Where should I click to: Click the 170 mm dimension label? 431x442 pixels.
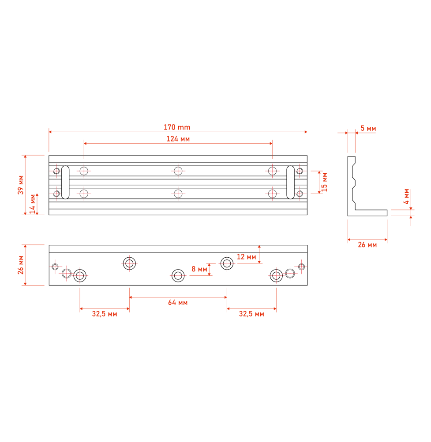pos(177,127)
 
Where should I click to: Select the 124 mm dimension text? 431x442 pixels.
pos(178,139)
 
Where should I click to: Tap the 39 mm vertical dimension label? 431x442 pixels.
pos(21,185)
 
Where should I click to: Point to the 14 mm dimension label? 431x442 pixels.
pos(32,204)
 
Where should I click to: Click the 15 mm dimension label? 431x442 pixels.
pos(325,182)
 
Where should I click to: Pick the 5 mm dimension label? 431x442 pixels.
pos(368,129)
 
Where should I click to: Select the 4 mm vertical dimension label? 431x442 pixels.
pos(406,196)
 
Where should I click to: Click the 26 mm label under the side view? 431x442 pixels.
pos(367,244)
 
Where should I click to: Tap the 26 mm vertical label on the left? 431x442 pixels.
pos(21,265)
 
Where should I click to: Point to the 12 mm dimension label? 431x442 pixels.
pos(246,257)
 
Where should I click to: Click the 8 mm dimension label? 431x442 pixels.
pos(199,269)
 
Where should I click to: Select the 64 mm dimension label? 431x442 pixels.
pos(178,303)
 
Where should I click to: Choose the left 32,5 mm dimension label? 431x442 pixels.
pos(105,314)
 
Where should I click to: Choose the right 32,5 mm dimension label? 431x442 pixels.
pos(251,314)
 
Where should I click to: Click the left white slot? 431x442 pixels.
pos(65,182)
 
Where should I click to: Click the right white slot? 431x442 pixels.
pos(290,182)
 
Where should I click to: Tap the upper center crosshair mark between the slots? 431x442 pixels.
pos(178,171)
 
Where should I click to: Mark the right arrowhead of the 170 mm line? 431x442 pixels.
pos(306,132)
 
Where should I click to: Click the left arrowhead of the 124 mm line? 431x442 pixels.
pos(85,144)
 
